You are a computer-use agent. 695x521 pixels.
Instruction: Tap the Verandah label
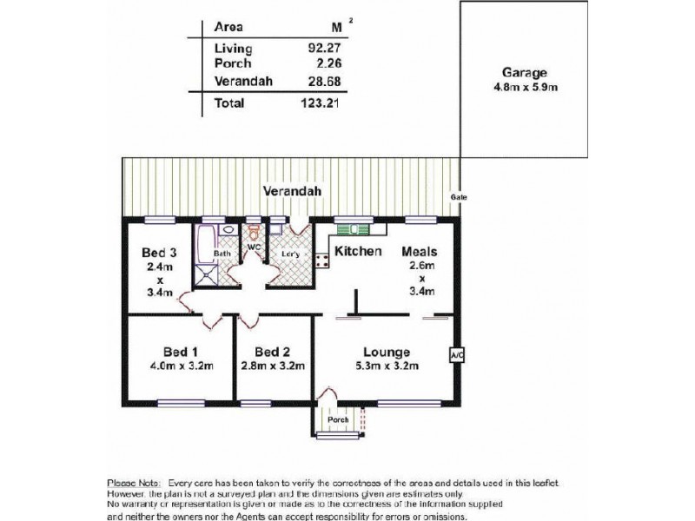point(290,191)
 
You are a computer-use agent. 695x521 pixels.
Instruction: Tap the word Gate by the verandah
point(458,198)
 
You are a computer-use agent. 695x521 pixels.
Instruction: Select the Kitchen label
point(359,252)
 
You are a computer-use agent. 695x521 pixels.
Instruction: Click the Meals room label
point(419,252)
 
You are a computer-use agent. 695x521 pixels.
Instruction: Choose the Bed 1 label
point(181,352)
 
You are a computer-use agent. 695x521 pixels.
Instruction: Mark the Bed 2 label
point(272,352)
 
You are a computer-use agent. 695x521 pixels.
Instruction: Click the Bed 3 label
point(160,253)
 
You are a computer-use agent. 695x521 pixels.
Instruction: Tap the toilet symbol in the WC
point(254,233)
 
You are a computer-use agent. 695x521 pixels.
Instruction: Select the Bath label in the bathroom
point(222,254)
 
